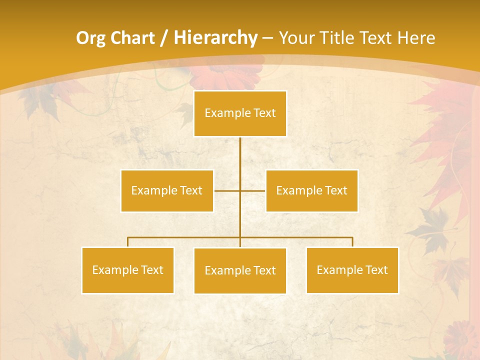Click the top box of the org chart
click(x=240, y=113)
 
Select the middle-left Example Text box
click(x=166, y=190)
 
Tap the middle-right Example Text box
click(x=311, y=190)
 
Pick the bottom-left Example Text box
click(x=127, y=270)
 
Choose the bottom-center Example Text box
click(x=240, y=270)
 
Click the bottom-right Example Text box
click(x=352, y=270)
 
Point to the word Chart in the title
click(x=132, y=38)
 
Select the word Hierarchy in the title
click(x=215, y=38)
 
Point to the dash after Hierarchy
click(x=267, y=38)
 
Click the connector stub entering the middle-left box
click(x=226, y=191)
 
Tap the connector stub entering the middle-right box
click(x=253, y=191)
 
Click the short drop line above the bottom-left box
click(x=128, y=242)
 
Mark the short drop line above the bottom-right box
click(x=352, y=242)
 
